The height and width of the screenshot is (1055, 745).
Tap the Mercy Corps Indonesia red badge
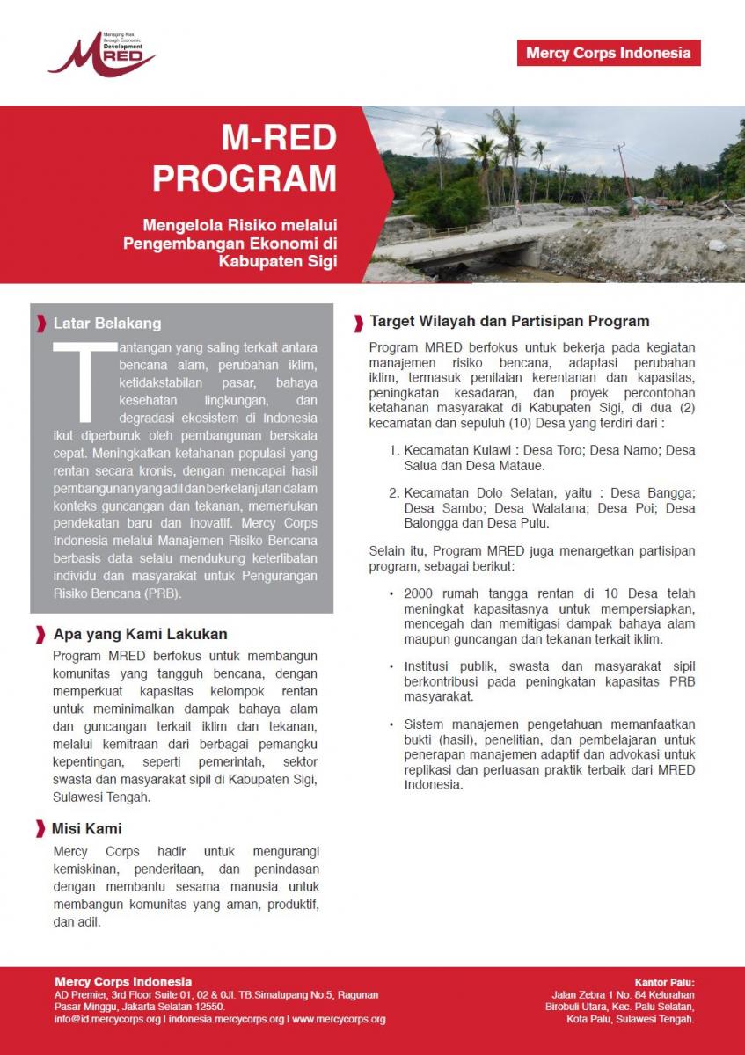coord(609,53)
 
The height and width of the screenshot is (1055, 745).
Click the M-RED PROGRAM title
coord(244,158)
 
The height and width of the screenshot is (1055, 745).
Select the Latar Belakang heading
coord(106,324)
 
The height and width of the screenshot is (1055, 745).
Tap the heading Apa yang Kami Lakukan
coord(140,634)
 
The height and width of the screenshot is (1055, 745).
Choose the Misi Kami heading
coord(86,829)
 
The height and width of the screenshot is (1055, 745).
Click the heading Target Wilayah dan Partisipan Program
coord(509,321)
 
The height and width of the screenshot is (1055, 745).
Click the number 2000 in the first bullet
coord(420,593)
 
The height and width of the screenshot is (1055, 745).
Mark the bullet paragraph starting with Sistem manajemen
coord(549,754)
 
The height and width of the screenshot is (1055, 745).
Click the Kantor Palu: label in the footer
coord(664,982)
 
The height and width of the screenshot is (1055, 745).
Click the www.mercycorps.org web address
coord(339,1020)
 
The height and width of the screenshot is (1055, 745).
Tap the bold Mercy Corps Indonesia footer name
coord(123,982)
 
